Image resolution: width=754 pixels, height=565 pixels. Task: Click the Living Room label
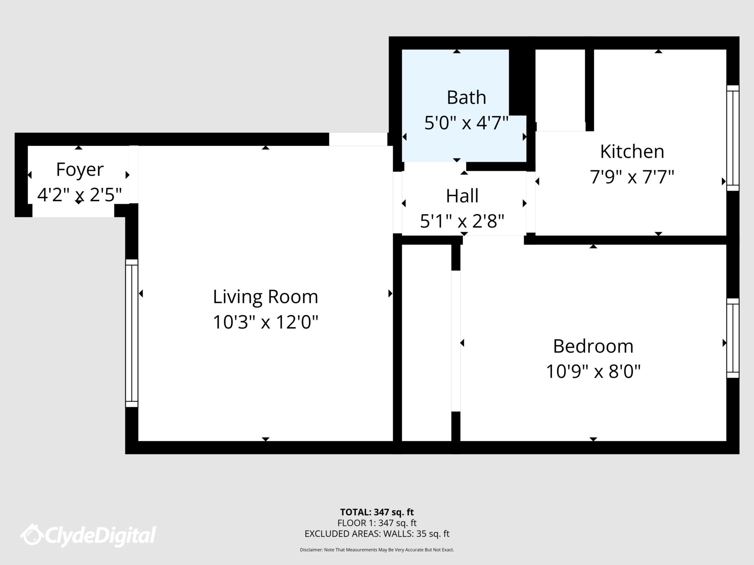click(265, 297)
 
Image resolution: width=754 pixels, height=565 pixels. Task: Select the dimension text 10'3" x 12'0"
click(265, 323)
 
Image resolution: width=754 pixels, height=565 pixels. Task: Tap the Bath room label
click(466, 97)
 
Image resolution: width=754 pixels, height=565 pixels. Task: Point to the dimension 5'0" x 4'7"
click(466, 123)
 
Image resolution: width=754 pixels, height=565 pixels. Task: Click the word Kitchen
click(632, 152)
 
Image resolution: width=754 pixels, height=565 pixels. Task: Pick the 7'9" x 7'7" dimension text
click(632, 177)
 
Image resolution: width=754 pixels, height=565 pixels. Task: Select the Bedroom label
click(593, 346)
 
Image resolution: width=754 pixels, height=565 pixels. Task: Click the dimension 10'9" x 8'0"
click(593, 372)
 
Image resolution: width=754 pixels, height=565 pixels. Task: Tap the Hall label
click(462, 196)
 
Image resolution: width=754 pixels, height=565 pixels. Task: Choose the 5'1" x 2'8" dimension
click(462, 221)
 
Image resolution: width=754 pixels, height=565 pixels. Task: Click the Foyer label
click(80, 170)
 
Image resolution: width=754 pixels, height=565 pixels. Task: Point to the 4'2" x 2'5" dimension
click(80, 195)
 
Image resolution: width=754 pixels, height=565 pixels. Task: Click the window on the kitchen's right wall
click(733, 138)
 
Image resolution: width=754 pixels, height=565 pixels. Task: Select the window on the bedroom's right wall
click(733, 338)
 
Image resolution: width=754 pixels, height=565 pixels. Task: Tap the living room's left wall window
click(131, 333)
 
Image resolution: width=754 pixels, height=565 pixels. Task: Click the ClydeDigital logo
click(88, 535)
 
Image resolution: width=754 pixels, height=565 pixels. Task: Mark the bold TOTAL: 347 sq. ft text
click(377, 512)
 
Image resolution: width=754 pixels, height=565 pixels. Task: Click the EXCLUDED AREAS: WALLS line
click(377, 534)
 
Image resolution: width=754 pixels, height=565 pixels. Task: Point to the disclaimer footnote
click(377, 550)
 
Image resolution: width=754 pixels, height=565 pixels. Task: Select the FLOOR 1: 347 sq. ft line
click(377, 523)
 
